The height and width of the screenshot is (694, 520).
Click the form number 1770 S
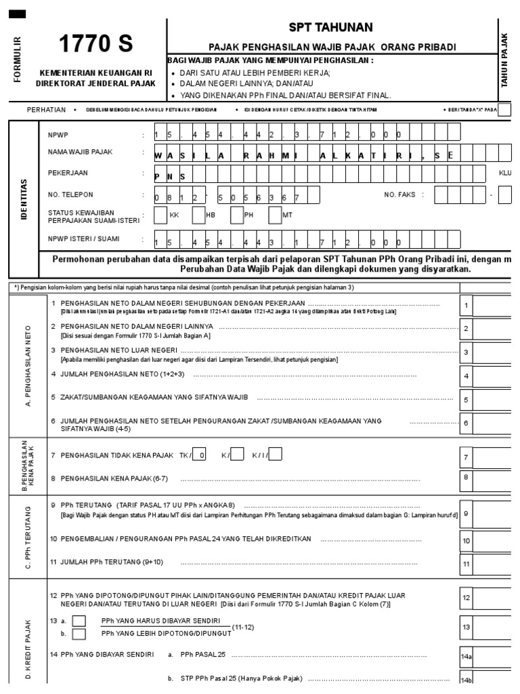(95, 44)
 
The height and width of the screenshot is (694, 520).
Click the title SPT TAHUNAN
(332, 27)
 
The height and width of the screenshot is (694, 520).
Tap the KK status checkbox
(160, 216)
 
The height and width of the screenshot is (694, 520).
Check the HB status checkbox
(198, 216)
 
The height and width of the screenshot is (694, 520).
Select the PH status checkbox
(237, 216)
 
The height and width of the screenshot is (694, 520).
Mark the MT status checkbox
(275, 216)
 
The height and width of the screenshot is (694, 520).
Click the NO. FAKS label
(399, 195)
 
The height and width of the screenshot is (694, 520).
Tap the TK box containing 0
(200, 455)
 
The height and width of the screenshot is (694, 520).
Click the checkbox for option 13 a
(79, 621)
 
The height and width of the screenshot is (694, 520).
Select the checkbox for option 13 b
(79, 634)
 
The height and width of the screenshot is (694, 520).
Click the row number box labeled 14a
(466, 656)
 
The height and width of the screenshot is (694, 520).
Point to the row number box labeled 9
(466, 514)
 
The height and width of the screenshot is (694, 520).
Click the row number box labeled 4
(466, 375)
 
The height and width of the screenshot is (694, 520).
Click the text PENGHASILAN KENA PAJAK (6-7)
(114, 478)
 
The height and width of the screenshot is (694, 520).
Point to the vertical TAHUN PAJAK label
(504, 60)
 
